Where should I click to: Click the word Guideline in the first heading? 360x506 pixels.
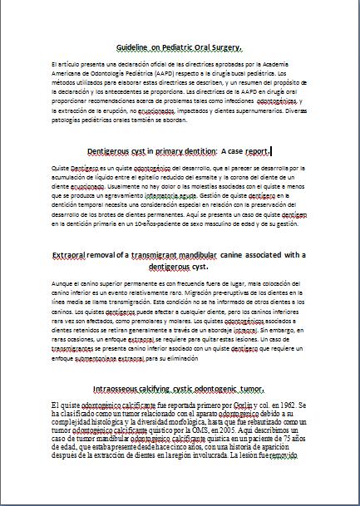[134, 49]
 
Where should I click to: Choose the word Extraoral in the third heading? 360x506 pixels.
[73, 254]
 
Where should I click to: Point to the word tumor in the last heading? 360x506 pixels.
[250, 388]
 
